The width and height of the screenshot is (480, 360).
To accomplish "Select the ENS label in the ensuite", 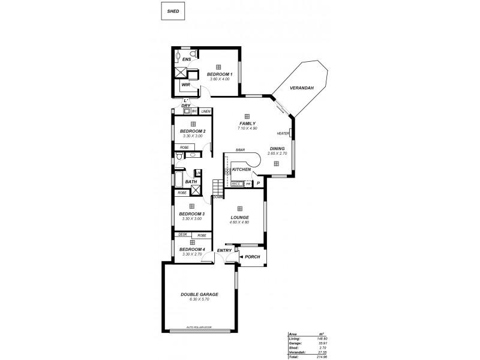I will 187,59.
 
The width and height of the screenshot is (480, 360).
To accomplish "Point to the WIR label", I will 185,85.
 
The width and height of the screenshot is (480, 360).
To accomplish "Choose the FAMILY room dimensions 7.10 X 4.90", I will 247,128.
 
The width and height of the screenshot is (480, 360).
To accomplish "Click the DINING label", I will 277,148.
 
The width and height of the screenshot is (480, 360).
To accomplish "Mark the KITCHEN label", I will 241,170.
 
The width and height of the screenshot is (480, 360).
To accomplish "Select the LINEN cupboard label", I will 206,112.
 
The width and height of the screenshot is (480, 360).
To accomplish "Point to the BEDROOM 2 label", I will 193,131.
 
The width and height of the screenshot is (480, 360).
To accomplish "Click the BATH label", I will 191,182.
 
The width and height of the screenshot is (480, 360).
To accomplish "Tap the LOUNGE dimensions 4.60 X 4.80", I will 239,223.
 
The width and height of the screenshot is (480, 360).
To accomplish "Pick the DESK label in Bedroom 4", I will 183,235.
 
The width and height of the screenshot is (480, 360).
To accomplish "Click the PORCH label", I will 252,257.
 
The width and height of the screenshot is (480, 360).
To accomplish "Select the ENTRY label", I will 224,250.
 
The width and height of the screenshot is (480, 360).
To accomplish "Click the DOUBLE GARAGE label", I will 199,295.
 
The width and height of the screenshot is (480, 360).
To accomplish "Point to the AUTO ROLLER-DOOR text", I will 199,328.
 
